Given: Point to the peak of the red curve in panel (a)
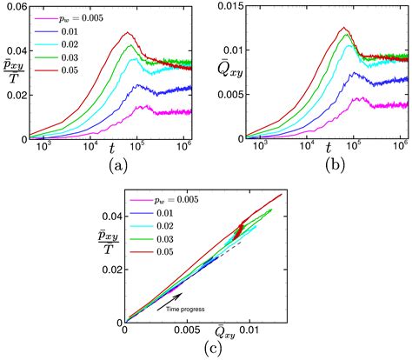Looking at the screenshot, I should coord(128,33).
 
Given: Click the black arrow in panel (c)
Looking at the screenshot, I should coord(170,298).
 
